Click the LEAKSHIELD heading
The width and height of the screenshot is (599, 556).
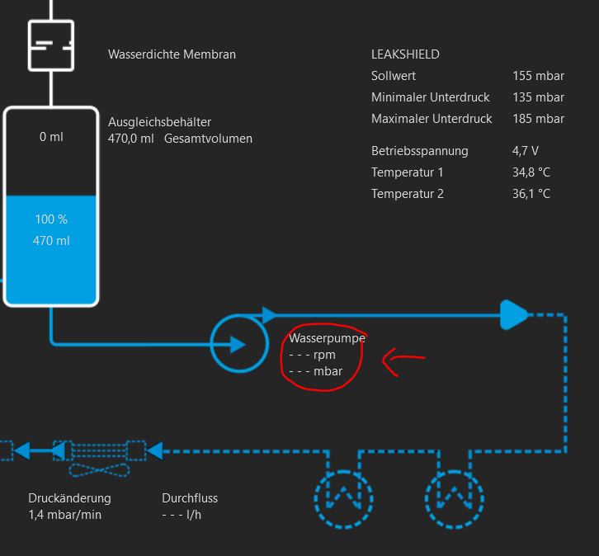point(405,54)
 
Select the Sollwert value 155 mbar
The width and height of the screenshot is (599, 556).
point(538,76)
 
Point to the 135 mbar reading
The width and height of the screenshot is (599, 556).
point(538,97)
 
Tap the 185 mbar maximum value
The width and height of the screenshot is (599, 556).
point(538,119)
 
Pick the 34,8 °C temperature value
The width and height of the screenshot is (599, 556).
point(531,172)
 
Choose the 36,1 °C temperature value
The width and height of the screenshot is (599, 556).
point(531,194)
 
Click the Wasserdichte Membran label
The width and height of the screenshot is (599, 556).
point(172,54)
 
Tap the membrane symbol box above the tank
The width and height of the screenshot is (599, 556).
point(51,45)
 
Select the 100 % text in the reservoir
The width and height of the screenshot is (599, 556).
point(51,219)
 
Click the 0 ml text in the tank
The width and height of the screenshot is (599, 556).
point(51,137)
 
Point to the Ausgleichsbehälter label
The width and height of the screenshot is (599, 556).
point(159,122)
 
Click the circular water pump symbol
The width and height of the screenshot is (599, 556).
point(239,343)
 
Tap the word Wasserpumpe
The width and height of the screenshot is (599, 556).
point(327,338)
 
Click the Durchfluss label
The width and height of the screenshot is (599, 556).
point(190,498)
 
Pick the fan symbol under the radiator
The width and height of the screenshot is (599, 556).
point(98,470)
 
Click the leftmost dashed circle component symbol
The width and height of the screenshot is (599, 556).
point(344,498)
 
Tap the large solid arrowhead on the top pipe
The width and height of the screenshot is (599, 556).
point(513,314)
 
